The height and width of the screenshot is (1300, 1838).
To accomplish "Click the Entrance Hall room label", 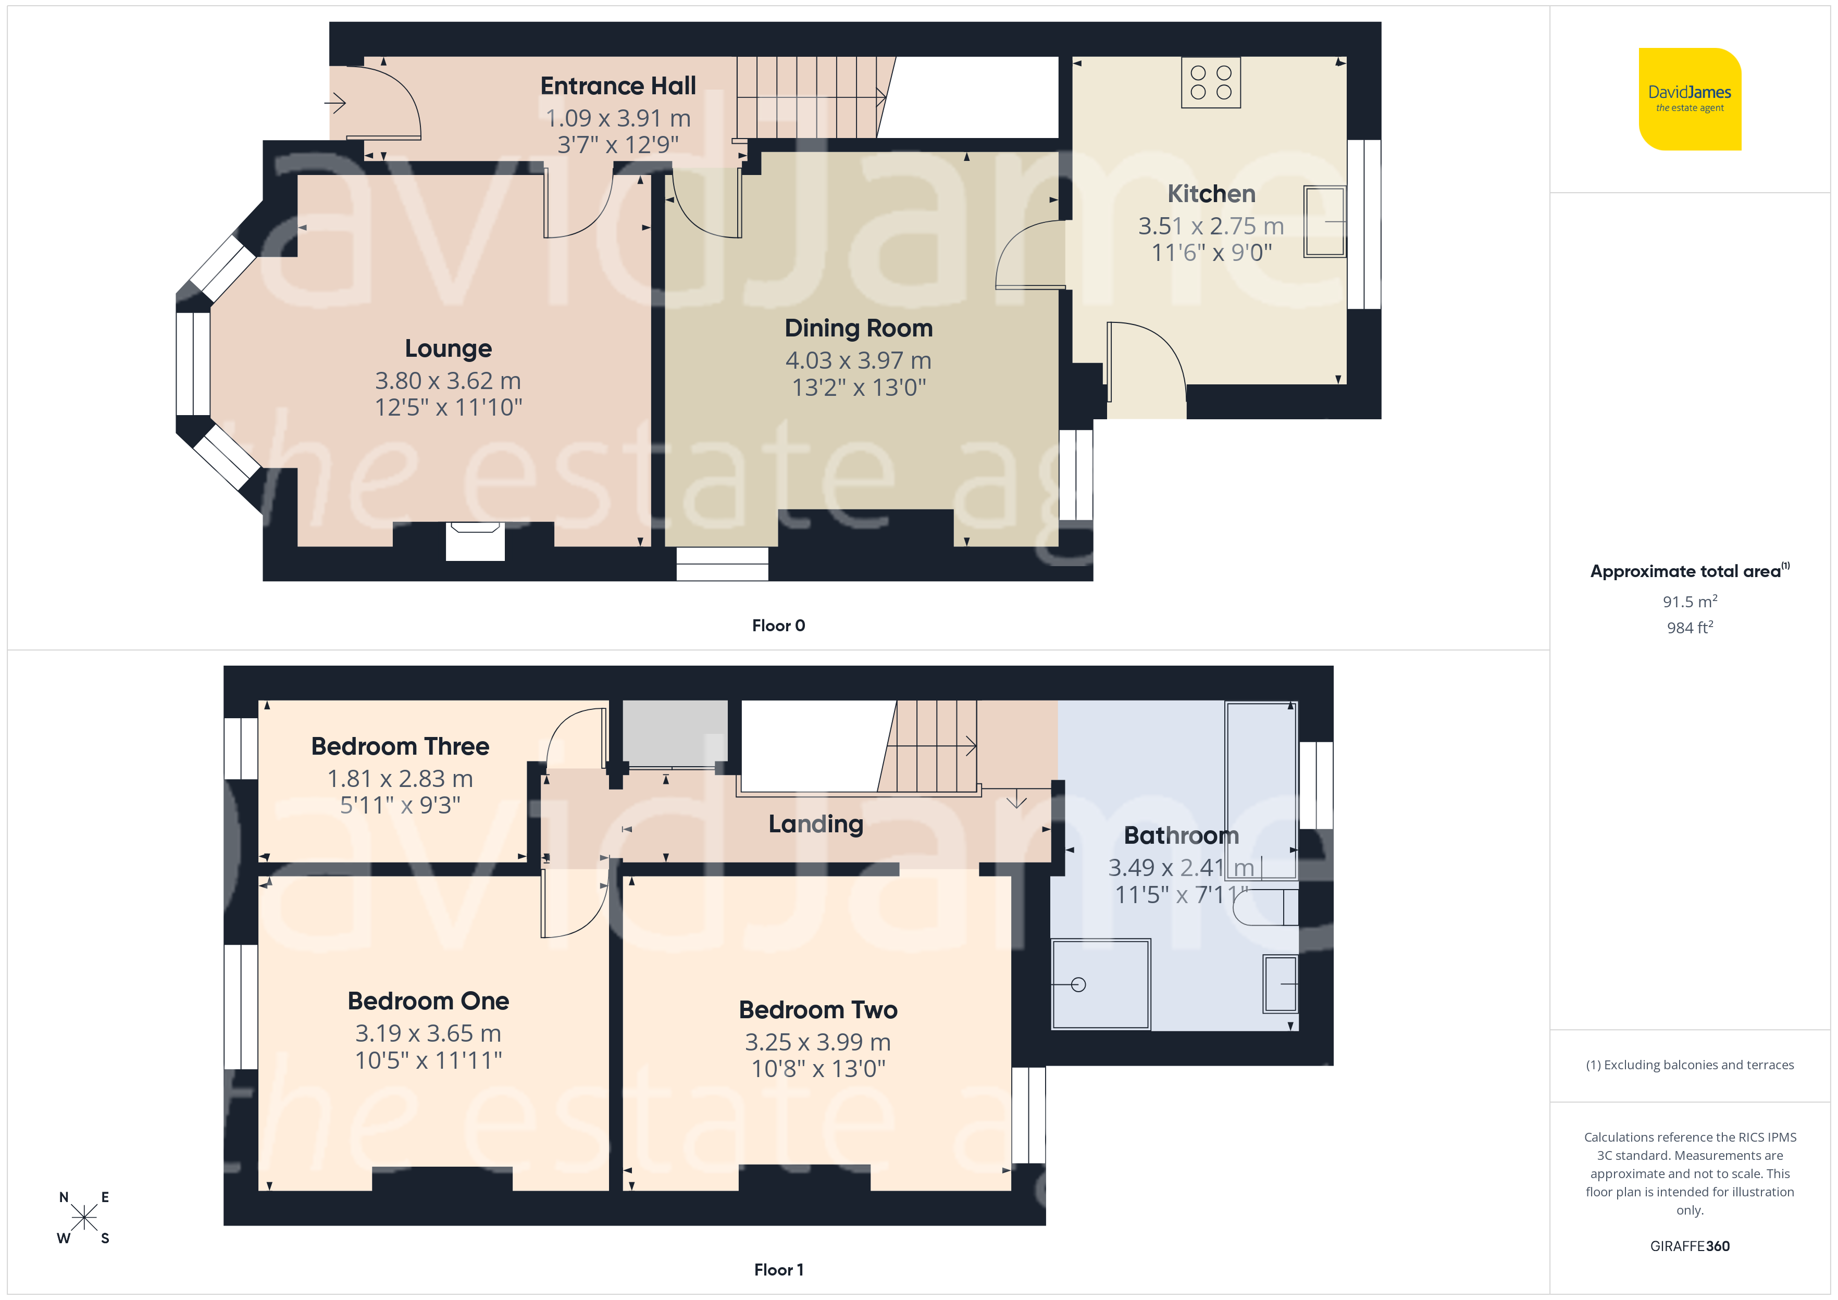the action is [618, 85].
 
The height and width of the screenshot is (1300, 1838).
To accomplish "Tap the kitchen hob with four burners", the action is [1210, 82].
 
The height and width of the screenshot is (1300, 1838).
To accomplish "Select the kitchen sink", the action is [1325, 221].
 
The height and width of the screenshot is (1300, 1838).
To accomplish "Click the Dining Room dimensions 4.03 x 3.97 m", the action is [858, 360].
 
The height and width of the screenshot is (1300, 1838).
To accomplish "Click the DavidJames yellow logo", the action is [1690, 99].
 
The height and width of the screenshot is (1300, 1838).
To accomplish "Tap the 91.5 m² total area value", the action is [1690, 601].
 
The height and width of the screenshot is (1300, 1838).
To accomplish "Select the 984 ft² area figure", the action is [1690, 628].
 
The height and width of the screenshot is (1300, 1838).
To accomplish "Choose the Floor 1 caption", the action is [778, 1270].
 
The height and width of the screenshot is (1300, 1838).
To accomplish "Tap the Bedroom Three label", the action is [400, 746].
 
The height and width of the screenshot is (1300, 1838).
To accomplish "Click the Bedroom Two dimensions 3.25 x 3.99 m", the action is [817, 1042].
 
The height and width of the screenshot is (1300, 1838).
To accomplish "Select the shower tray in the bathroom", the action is [1101, 984].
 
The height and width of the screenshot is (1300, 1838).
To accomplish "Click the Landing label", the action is [816, 824].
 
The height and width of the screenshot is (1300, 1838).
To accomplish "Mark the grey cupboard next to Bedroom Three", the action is [675, 733].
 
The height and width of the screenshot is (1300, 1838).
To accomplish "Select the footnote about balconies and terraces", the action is [1690, 1065].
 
